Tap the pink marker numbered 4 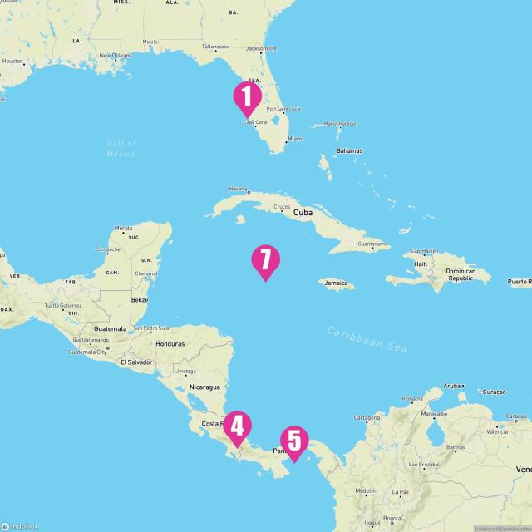click(237, 427)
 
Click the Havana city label click(238, 189)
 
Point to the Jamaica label click(337, 283)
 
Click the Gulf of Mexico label click(121, 149)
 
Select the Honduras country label click(170, 343)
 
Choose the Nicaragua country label click(204, 387)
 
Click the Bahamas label click(349, 150)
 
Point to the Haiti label click(421, 264)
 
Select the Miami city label click(295, 139)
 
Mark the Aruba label click(451, 387)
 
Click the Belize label click(139, 299)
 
